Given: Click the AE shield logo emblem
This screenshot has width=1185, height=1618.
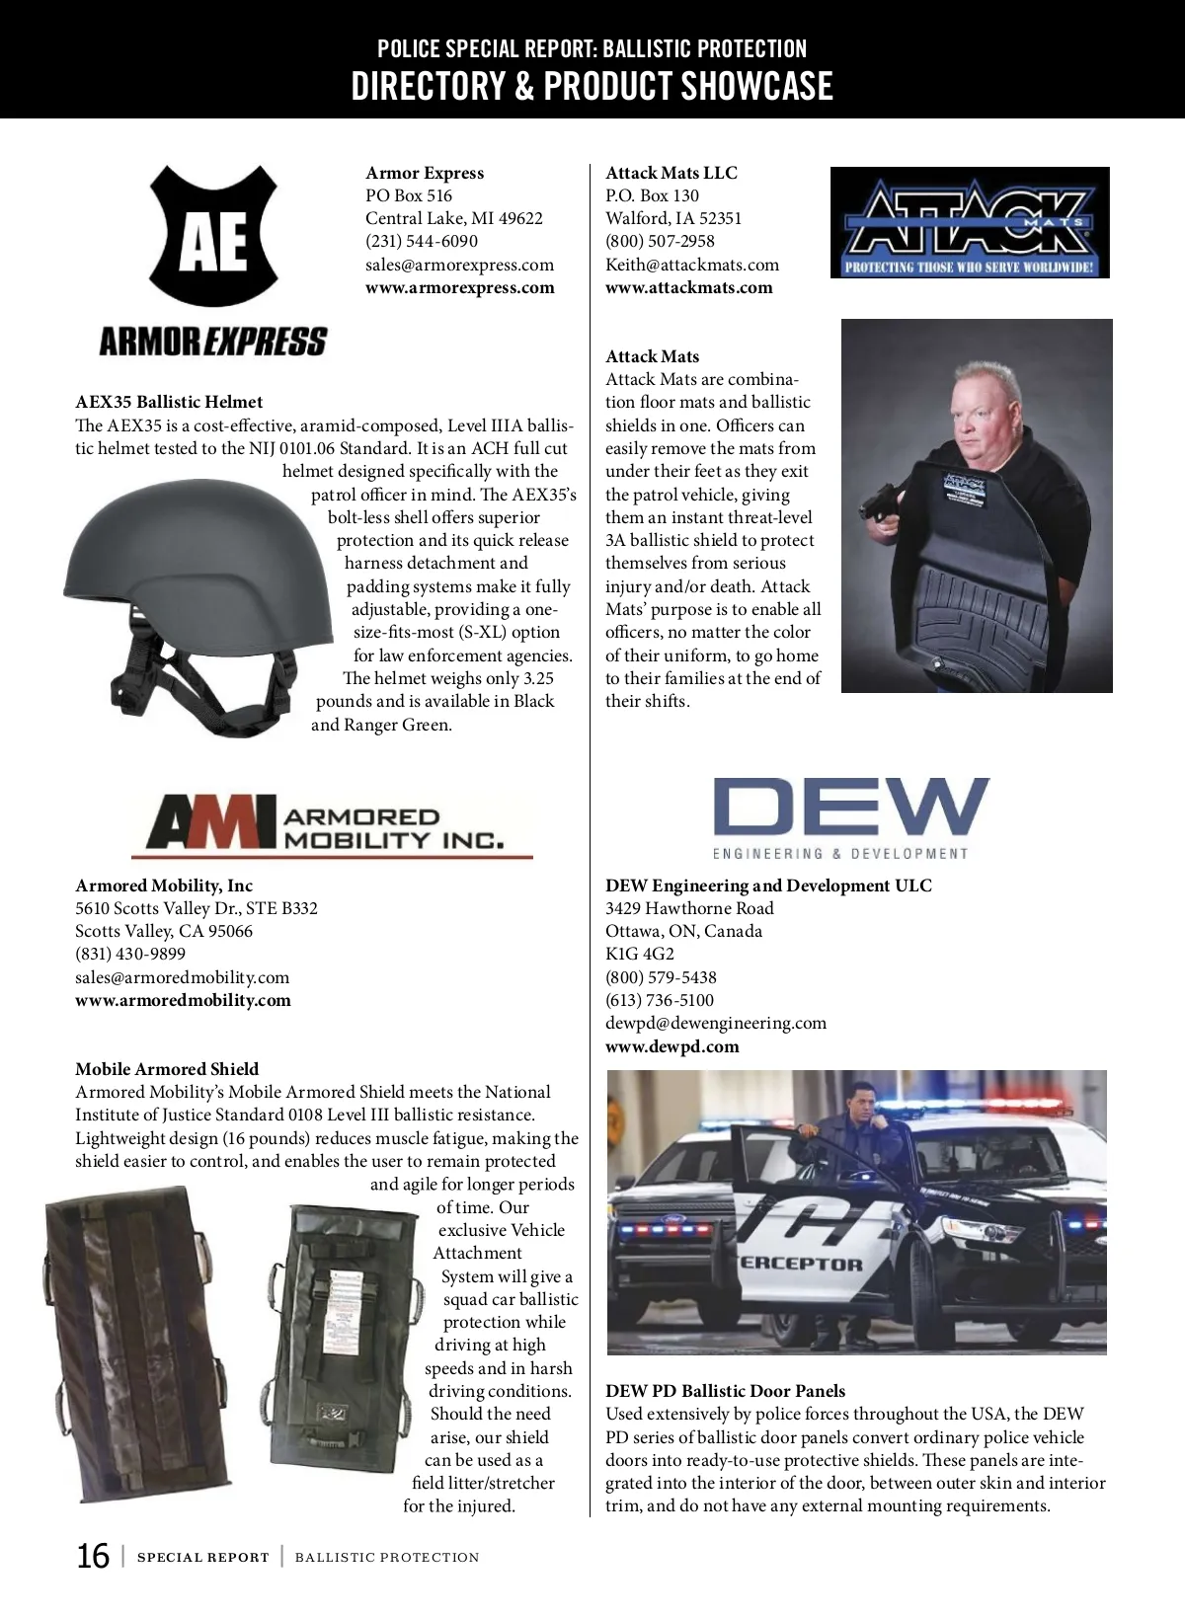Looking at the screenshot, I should [213, 238].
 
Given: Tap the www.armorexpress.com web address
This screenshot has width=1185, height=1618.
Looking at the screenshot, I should [460, 287].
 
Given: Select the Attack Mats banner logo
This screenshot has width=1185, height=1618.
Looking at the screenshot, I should [970, 223].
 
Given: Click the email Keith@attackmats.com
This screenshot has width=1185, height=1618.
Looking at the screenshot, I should [692, 265].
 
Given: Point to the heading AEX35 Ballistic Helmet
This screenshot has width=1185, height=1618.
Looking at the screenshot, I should [170, 402].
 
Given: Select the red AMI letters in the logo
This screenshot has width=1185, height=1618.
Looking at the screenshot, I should [203, 822].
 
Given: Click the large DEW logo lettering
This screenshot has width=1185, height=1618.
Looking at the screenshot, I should [850, 809].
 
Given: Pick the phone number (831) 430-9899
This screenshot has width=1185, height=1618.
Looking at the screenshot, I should [130, 954].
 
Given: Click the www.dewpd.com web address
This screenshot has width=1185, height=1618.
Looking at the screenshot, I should [672, 1046].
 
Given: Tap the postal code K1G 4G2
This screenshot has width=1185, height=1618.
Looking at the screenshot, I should [640, 954].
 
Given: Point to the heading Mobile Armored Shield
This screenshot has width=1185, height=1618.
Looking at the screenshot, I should [167, 1069].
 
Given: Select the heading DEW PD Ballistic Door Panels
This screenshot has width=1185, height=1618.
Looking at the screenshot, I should [726, 1391].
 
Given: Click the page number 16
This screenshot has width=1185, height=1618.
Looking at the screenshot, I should [94, 1557].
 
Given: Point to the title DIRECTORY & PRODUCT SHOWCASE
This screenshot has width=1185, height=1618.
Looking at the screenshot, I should [592, 87].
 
